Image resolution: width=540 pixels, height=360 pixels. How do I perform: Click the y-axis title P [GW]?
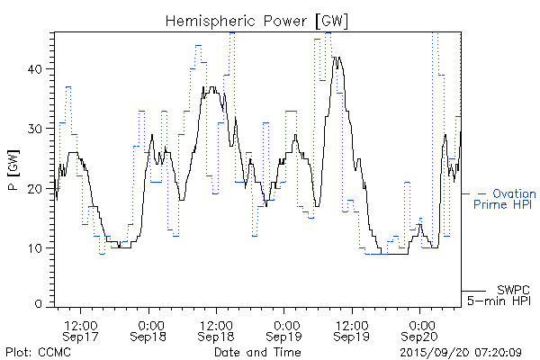13,167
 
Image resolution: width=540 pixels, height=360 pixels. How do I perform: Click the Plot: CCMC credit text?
35,351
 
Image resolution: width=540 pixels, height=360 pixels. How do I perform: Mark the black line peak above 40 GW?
337,57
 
